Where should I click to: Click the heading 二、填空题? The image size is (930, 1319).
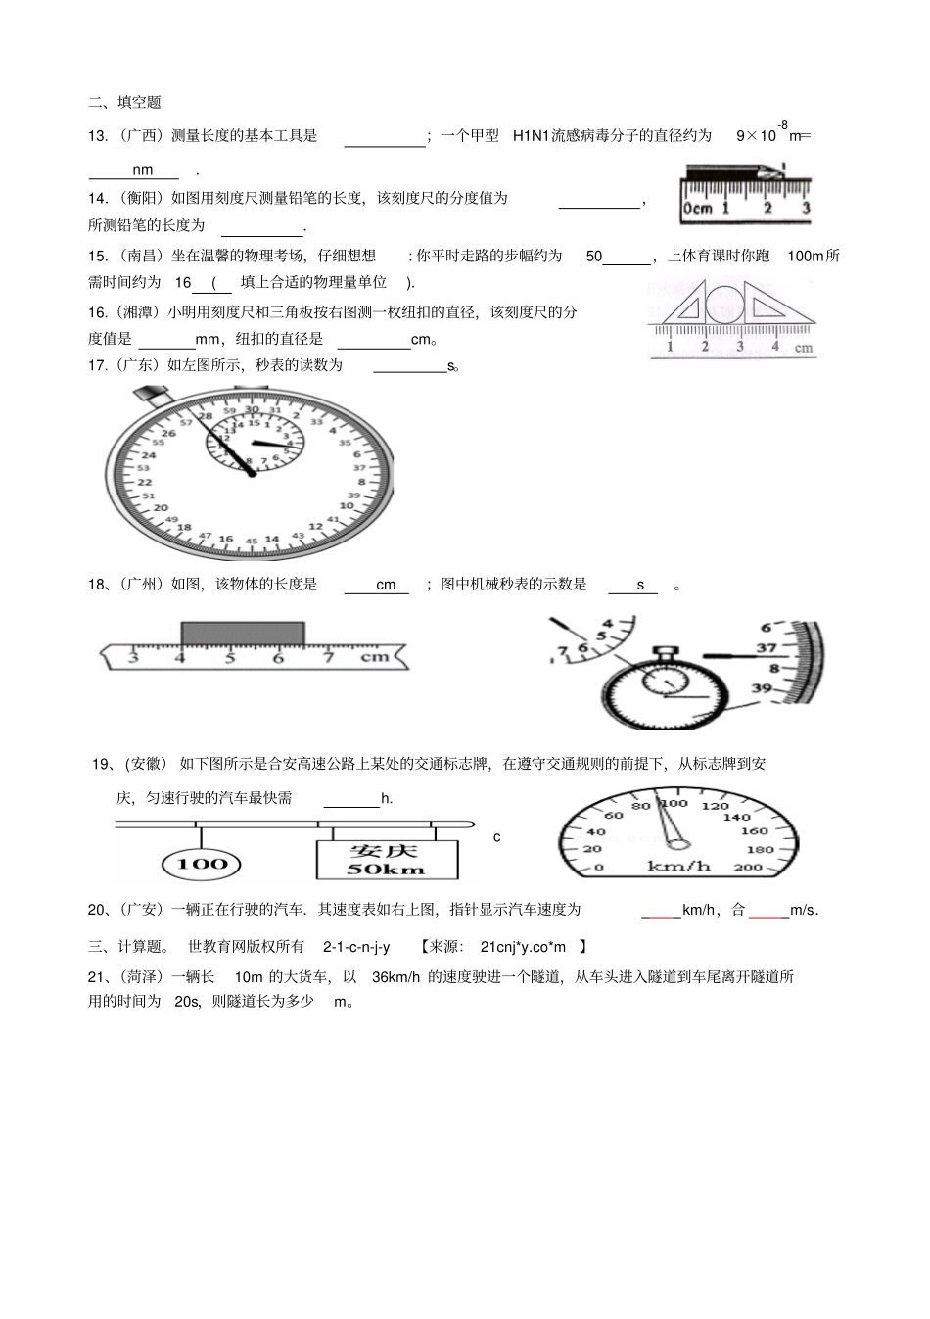coord(124,102)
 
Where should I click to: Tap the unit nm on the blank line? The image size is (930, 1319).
coord(143,170)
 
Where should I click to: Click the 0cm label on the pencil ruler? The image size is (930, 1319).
coord(697,209)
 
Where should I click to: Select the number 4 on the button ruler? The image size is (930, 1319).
coord(774,346)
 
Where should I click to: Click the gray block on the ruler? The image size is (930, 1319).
coord(243,633)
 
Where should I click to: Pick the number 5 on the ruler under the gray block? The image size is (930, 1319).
coord(230,658)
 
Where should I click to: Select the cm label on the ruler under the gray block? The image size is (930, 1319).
coord(375,657)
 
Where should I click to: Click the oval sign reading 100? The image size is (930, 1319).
coord(203,864)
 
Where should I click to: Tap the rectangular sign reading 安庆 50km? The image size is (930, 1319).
coord(387,859)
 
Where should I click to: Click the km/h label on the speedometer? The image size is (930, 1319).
coord(678,866)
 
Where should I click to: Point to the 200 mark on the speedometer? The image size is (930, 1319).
coord(747,868)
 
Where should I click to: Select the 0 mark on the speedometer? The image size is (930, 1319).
coord(599,868)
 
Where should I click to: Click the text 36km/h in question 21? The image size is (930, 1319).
coord(395,976)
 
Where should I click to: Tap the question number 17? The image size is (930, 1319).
coord(97,365)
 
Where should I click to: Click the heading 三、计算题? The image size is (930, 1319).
coord(128,947)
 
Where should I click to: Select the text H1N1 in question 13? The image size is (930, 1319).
coord(530,136)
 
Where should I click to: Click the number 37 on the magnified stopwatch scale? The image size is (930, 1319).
coord(767,648)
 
